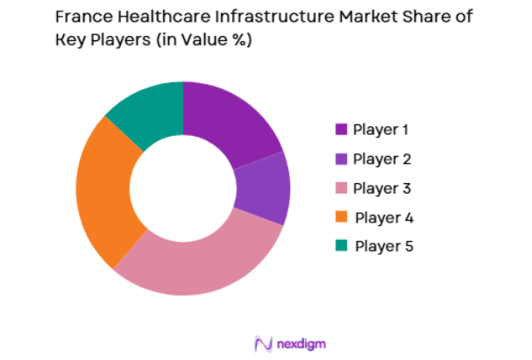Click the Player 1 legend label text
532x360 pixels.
pos(381,130)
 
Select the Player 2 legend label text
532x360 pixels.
pos(382,159)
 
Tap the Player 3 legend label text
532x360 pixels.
pos(382,187)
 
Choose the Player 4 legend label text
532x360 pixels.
pos(383,216)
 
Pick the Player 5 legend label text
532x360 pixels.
pos(383,245)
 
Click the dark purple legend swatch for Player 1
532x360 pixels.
pos(341,130)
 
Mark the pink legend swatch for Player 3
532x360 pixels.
pos(341,187)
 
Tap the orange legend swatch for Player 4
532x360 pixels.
pos(341,216)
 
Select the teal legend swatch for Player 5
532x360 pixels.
pos(341,245)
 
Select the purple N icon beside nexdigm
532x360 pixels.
pos(261,342)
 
